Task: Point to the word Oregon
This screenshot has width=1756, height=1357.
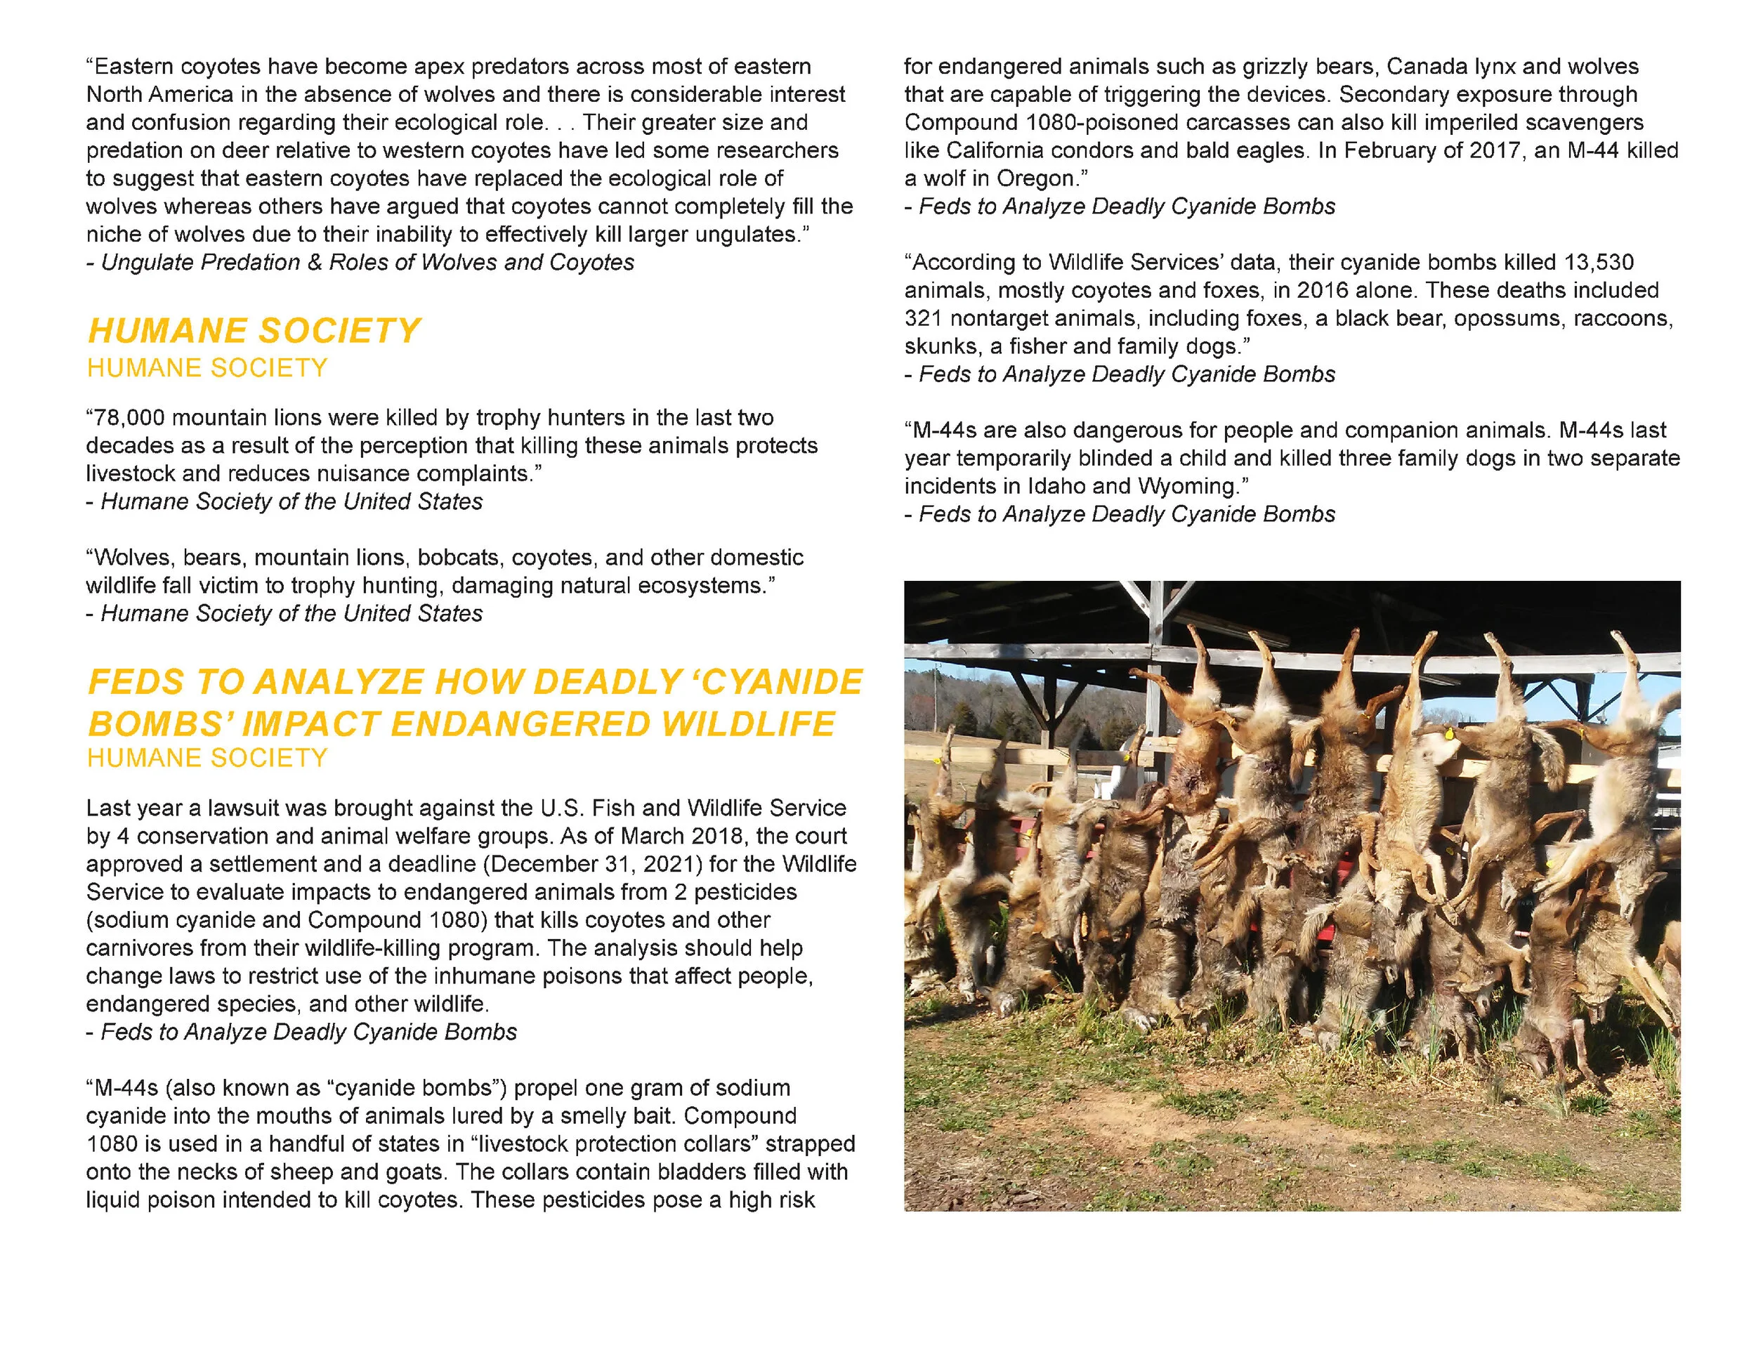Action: (x=1037, y=178)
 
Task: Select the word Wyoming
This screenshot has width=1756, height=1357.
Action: (x=1186, y=486)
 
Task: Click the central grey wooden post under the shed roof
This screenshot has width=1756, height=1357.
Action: (x=1156, y=643)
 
